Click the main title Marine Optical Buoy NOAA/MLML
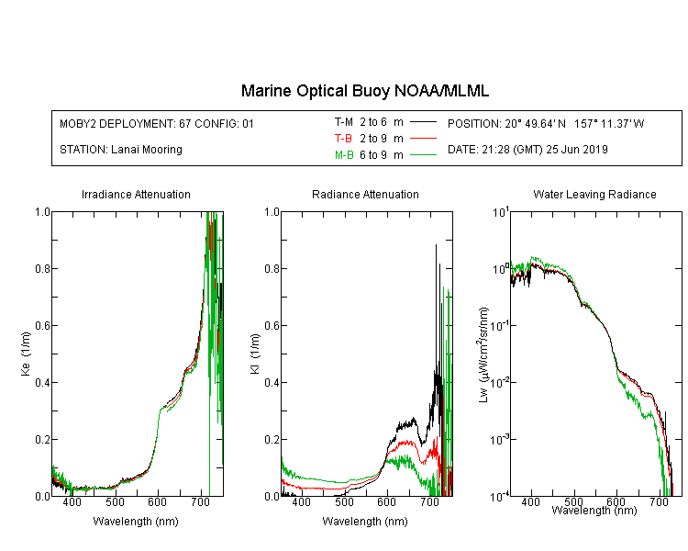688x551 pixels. tap(364, 91)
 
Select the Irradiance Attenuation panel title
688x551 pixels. tap(136, 194)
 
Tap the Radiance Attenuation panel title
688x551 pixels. tap(365, 194)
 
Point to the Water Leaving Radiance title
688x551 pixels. tap(594, 194)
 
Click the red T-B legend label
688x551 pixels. tap(343, 139)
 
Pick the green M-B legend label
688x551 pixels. tap(344, 155)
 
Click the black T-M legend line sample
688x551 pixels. tap(423, 122)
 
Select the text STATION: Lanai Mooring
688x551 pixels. tap(121, 150)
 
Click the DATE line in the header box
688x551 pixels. tap(527, 150)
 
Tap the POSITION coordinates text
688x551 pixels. tap(546, 123)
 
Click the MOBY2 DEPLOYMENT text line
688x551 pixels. tap(157, 123)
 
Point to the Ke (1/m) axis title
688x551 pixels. tap(26, 354)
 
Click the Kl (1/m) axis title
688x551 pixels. tap(255, 354)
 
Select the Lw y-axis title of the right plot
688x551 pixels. tap(483, 355)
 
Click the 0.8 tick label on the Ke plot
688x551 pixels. tap(42, 268)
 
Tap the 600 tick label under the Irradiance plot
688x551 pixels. tap(158, 501)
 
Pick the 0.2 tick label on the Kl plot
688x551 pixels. tap(272, 439)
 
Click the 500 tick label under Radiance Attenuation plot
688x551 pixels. tap(344, 501)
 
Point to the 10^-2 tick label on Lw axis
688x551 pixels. tap(500, 382)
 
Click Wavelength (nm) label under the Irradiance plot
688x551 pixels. tap(136, 522)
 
